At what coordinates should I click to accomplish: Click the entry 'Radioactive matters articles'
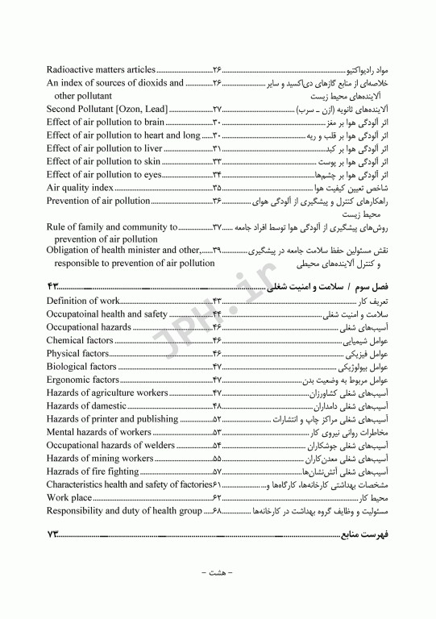point(101,70)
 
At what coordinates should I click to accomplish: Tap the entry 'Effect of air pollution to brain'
point(106,122)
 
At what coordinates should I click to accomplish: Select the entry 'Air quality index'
point(80,187)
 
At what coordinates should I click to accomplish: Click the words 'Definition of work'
point(84,301)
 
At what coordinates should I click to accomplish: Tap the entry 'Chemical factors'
point(80,340)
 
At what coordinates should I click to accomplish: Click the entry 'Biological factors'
point(82,366)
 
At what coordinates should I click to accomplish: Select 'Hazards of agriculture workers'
point(106,393)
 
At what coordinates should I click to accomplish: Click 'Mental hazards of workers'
point(98,431)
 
